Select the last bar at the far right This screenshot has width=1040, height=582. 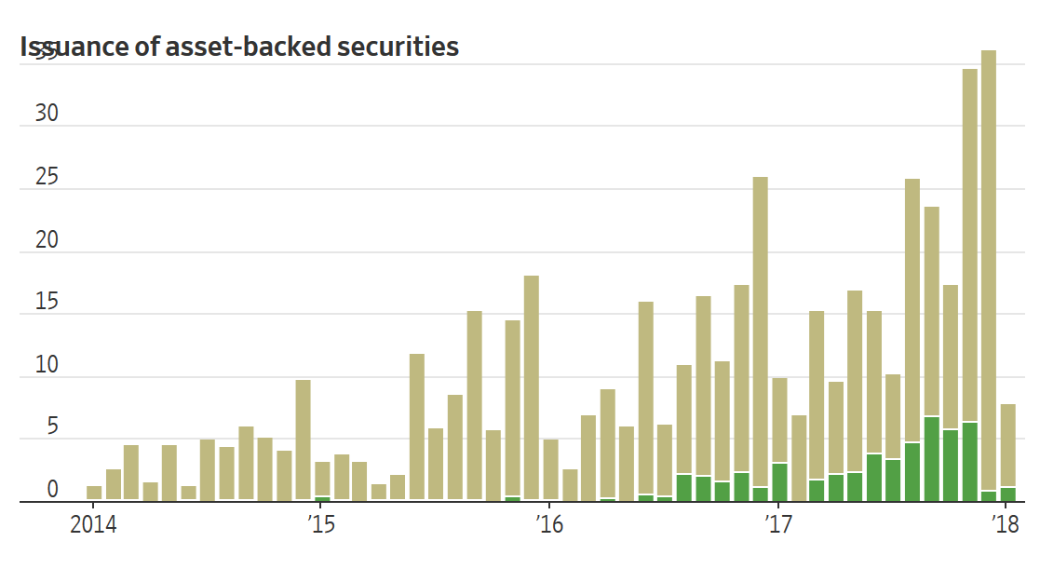pos(1007,447)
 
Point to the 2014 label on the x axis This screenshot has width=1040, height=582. pos(93,525)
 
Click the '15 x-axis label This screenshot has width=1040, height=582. pos(320,525)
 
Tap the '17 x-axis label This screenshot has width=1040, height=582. pos(777,525)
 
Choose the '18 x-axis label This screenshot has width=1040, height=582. pos(1006,525)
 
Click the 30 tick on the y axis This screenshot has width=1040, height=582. pos(47,114)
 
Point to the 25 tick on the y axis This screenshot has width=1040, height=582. pos(47,177)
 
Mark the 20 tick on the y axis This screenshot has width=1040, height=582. pos(47,240)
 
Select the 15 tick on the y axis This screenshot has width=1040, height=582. pos(47,303)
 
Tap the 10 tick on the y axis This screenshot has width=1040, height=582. pos(47,365)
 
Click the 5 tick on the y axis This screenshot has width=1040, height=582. pos(52,427)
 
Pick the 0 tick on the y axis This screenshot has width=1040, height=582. pos(52,490)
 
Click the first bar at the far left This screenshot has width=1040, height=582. pos(94,494)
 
